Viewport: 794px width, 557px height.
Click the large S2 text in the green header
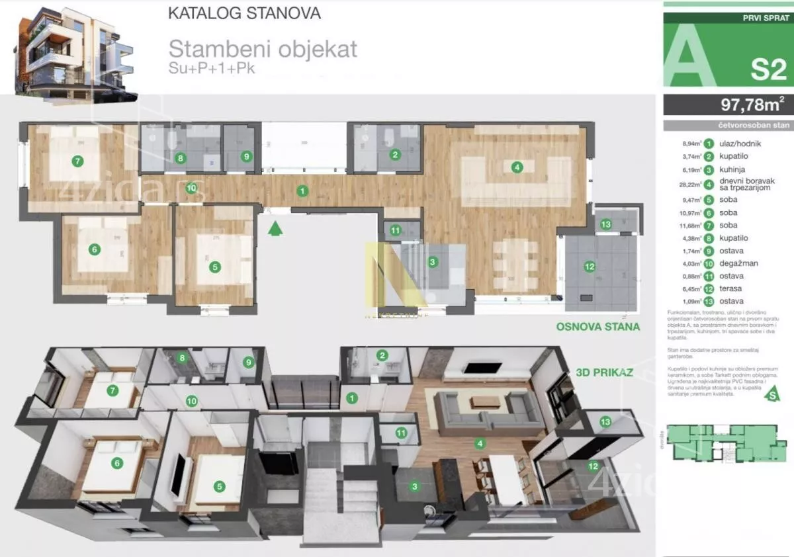768,69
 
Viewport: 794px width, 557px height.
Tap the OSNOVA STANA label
597,326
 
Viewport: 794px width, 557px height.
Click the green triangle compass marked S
770,396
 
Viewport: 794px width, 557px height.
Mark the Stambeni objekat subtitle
263,48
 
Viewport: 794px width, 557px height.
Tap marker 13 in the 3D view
605,422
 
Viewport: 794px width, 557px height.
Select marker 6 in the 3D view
117,463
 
